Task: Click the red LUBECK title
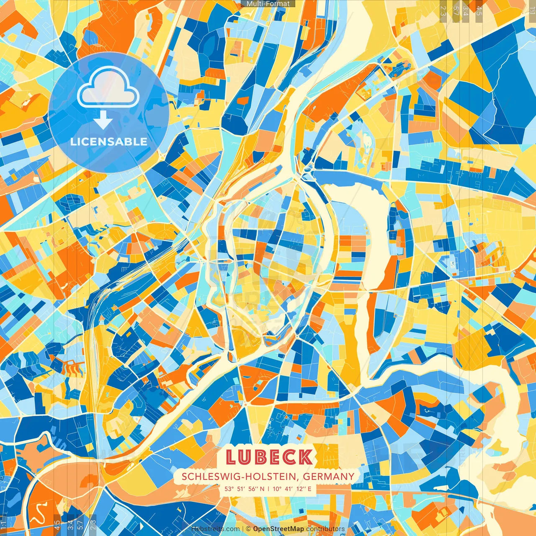pyautogui.click(x=269, y=457)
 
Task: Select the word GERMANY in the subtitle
pyautogui.click(x=329, y=477)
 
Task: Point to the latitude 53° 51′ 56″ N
pyautogui.click(x=244, y=489)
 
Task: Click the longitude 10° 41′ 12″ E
pyautogui.click(x=292, y=489)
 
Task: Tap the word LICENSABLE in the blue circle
pyautogui.click(x=109, y=142)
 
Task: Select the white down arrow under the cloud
pyautogui.click(x=103, y=121)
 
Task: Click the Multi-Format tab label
pyautogui.click(x=268, y=4)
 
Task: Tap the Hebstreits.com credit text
pyautogui.click(x=215, y=529)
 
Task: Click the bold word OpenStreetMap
pyautogui.click(x=278, y=529)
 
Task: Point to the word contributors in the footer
pyautogui.click(x=325, y=529)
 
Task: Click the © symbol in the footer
pyautogui.click(x=248, y=529)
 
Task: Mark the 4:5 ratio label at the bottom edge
pyautogui.click(x=57, y=525)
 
